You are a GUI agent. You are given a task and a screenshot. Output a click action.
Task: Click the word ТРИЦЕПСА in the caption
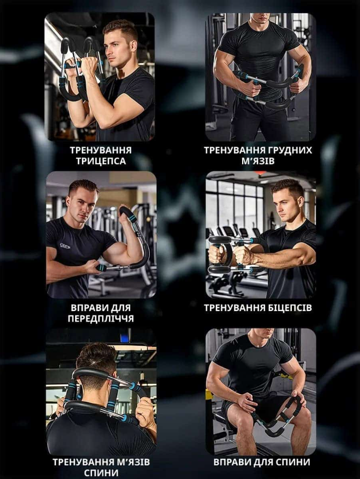coord(101,161)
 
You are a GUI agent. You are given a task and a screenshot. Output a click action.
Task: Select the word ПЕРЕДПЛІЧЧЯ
coord(101,318)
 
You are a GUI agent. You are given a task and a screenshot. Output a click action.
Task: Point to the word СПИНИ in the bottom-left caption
coord(101,473)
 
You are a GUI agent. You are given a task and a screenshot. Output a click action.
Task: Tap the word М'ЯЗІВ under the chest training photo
coord(258,161)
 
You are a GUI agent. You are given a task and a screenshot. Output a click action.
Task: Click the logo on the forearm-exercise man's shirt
coord(65,245)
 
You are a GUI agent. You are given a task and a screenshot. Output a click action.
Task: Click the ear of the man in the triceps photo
coord(133,45)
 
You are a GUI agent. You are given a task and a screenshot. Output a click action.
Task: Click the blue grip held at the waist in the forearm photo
coord(101,268)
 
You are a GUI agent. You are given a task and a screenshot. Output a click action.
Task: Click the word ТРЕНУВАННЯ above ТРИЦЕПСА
coord(101,151)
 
